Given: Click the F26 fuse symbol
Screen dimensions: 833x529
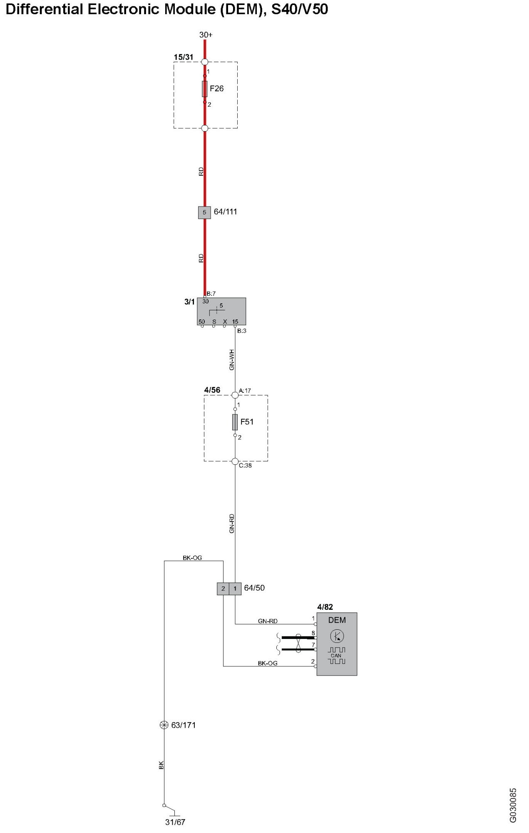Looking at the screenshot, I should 204,89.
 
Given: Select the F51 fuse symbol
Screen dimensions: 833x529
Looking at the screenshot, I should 235,422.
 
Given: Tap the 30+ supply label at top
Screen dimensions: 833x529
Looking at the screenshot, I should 206,35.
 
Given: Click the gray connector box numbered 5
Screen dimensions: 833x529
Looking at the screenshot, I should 204,212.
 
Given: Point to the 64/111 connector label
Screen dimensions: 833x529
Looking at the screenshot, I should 225,212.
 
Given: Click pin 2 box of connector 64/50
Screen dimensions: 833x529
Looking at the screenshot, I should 223,589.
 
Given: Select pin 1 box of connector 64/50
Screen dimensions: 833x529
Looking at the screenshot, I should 235,589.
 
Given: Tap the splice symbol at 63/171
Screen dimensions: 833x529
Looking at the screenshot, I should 164,725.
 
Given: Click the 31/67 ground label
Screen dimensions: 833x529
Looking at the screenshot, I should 175,822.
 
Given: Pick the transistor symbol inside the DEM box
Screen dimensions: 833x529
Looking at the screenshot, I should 337,636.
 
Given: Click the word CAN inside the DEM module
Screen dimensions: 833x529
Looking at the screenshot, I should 336,656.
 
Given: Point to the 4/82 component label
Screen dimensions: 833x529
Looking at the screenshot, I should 325,607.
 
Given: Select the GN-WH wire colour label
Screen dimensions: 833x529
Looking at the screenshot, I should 232,360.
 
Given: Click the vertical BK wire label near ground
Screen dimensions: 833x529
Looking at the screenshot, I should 161,765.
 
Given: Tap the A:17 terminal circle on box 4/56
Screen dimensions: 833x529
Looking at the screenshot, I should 235,394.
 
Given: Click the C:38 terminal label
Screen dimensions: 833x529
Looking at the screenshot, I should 245,466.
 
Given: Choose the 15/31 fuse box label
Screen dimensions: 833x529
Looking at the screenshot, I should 184,57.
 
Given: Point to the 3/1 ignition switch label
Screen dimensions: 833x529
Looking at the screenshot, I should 189,302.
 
